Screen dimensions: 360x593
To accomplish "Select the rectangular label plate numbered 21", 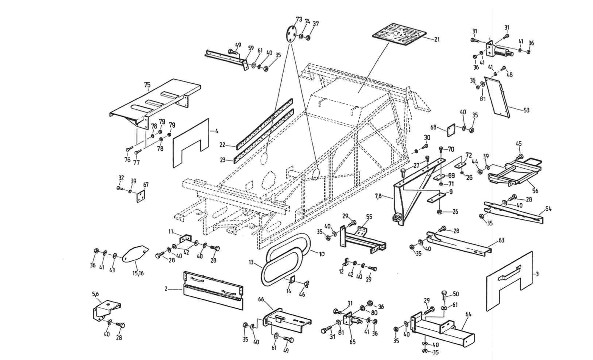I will click(x=397, y=34).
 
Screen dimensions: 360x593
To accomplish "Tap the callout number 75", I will click(x=147, y=85).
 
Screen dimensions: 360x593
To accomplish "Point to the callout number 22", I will click(x=223, y=145).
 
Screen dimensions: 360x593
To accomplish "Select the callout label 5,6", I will click(x=95, y=294).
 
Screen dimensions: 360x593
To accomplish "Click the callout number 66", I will click(x=261, y=299).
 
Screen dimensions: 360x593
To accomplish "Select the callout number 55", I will click(x=369, y=217).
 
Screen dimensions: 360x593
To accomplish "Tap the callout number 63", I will click(x=501, y=240).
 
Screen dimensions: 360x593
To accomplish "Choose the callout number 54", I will click(x=548, y=209).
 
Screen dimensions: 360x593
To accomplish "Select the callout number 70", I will click(x=451, y=149).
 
